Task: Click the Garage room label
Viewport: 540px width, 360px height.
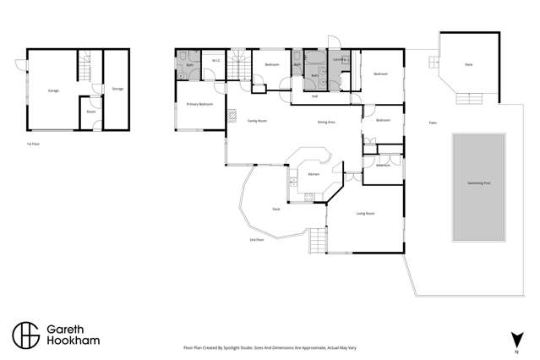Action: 52,89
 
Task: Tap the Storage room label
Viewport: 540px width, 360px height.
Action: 117,87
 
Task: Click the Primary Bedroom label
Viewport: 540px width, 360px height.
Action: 199,104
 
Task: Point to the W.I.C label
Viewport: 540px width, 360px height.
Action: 215,60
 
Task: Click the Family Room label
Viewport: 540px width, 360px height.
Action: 257,122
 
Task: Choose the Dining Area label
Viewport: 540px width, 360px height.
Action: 326,122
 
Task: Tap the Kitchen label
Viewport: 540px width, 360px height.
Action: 313,174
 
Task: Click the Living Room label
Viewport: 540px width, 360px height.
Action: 365,214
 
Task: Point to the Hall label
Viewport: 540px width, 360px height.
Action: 314,96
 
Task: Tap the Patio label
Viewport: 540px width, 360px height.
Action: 432,123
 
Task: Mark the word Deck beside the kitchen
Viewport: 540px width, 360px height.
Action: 275,209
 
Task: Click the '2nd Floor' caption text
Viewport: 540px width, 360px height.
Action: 257,240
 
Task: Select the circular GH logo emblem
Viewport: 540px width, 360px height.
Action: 26,335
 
